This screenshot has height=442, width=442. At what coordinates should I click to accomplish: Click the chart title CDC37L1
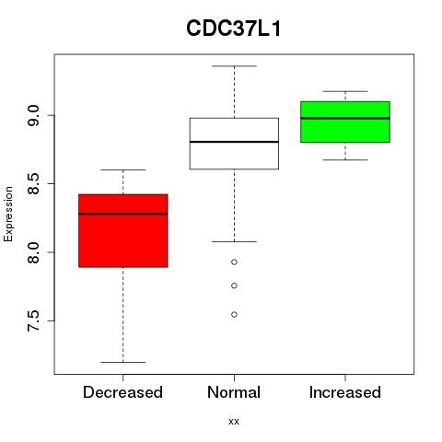234,29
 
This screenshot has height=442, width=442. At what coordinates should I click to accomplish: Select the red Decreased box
123,230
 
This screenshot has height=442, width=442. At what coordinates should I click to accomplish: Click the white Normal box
234,144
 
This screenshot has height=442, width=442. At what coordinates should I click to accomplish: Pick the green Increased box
345,122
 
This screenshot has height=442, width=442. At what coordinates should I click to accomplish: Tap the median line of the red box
123,214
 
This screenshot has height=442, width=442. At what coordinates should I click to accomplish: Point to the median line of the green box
345,118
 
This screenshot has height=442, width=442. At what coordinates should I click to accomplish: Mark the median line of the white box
234,142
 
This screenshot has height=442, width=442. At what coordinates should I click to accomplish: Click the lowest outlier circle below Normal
234,314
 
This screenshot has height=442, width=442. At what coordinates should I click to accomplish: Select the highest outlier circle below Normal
234,262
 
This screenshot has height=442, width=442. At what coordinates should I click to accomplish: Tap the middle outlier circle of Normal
234,285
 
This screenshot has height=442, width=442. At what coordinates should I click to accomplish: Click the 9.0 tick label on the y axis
33,115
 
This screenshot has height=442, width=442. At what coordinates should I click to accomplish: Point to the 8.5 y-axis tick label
33,183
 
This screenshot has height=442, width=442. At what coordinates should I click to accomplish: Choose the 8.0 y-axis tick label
33,252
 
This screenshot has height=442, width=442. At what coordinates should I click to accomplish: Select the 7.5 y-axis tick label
33,321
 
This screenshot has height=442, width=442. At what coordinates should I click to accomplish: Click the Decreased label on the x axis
122,392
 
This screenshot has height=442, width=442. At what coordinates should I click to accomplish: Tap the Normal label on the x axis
234,392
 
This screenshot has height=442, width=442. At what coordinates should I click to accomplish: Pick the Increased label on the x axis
345,392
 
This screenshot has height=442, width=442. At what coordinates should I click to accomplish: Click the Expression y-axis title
8,214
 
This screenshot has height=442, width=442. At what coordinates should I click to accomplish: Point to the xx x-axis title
234,422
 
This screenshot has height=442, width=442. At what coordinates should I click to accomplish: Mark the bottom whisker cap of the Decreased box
123,362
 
